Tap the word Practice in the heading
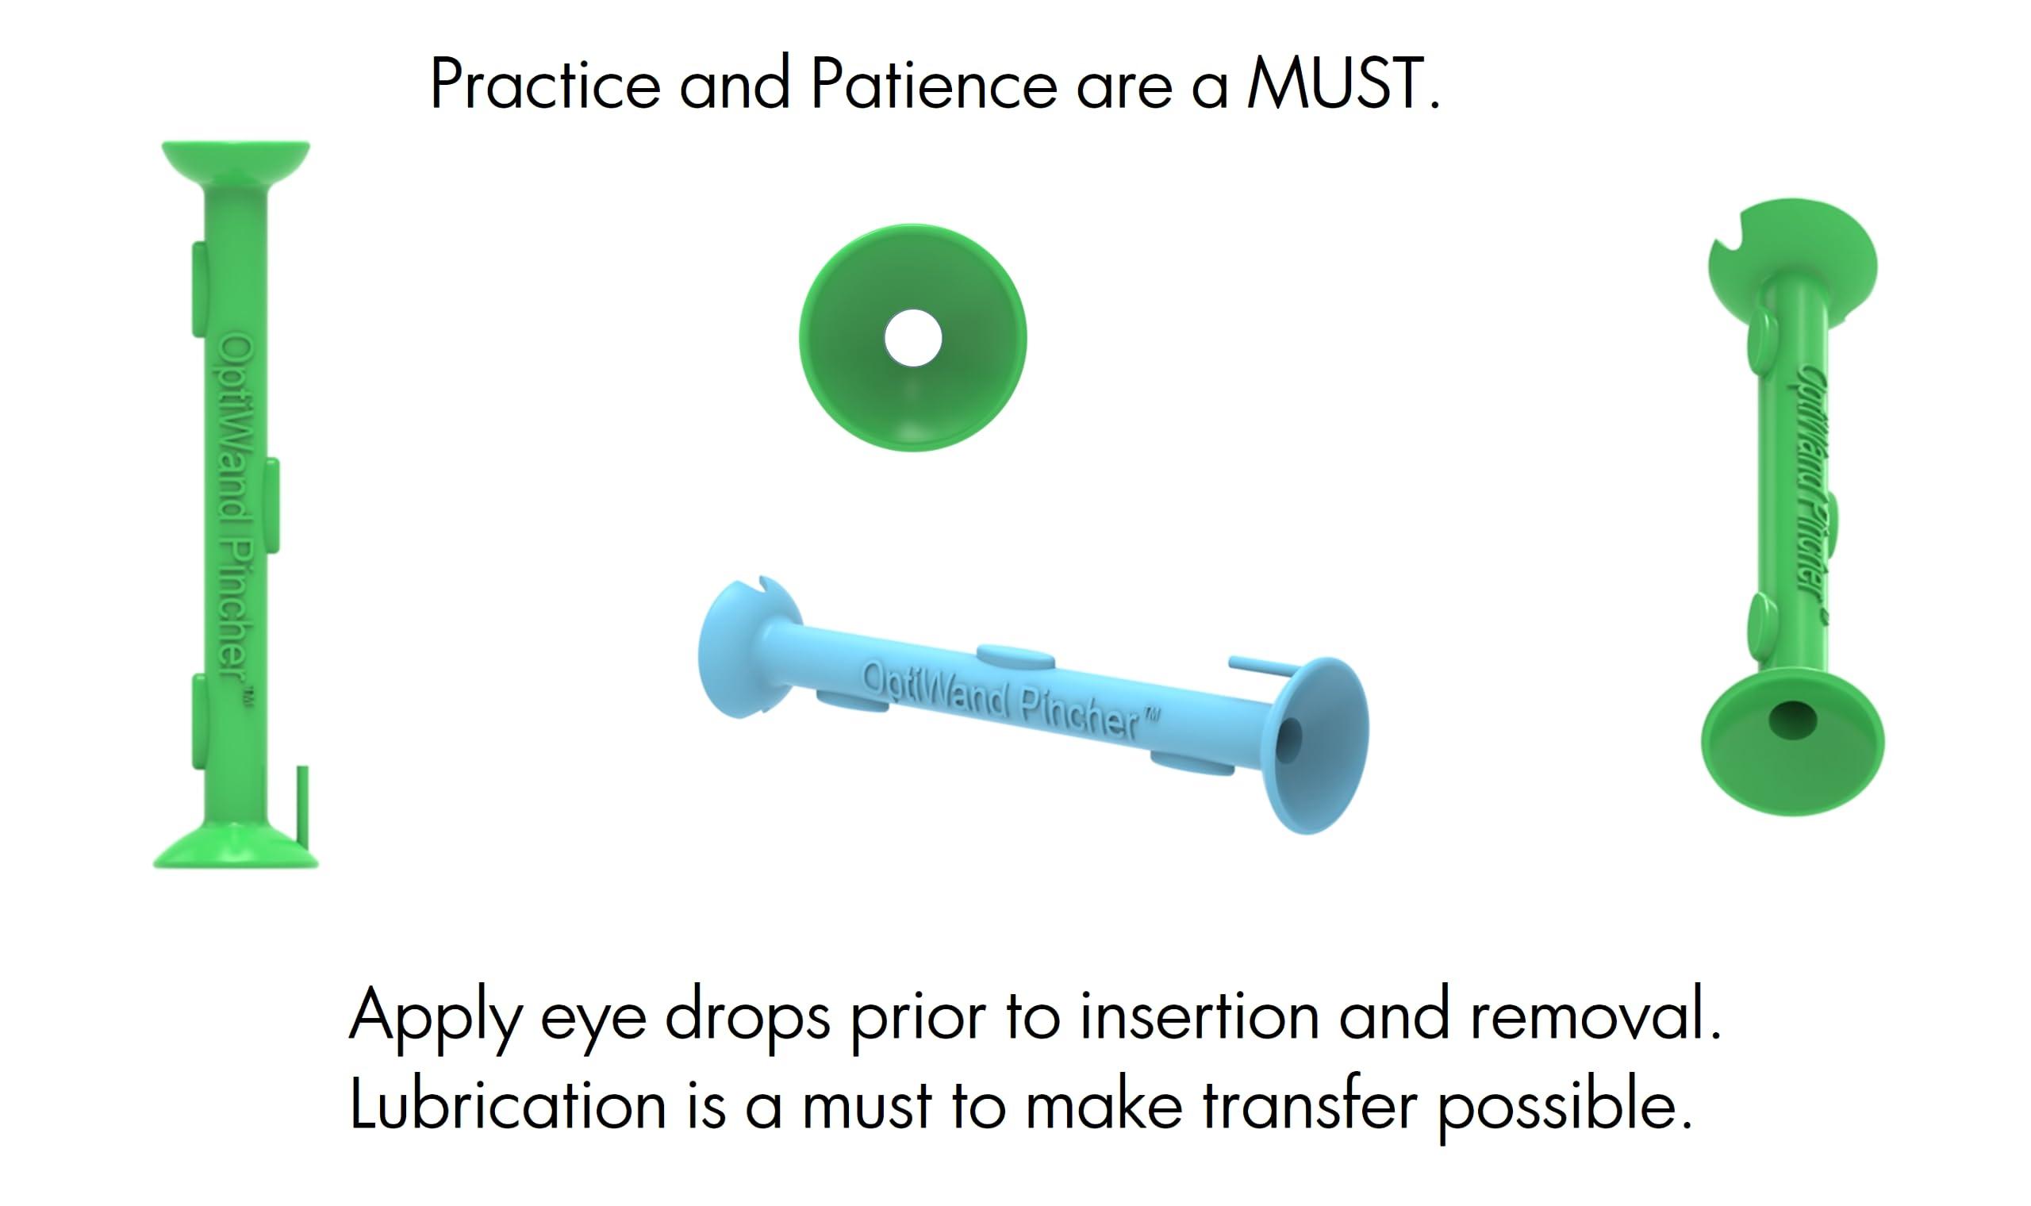click(x=545, y=85)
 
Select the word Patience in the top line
click(x=934, y=85)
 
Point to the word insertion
click(x=1199, y=1016)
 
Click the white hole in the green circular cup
click(x=912, y=338)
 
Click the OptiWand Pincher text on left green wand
click(x=235, y=512)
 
